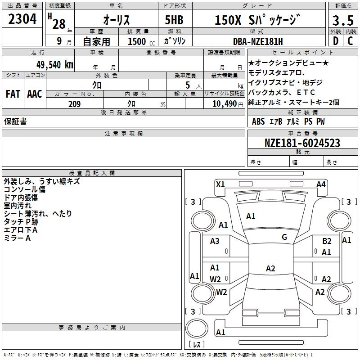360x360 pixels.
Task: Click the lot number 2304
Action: tap(22, 19)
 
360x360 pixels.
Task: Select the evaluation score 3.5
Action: tap(343, 20)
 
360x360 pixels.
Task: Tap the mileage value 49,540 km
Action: tap(54, 65)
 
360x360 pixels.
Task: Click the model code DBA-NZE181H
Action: tap(258, 41)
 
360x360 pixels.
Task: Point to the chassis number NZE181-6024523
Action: tap(302, 143)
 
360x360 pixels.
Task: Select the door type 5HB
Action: tap(174, 20)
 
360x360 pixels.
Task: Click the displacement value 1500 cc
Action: tap(141, 41)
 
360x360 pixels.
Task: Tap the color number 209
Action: tap(74, 104)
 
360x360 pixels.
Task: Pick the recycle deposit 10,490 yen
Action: tap(228, 104)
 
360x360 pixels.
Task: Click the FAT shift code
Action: tap(13, 94)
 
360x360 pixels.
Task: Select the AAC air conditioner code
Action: tap(35, 94)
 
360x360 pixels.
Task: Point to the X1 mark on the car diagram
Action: tap(220, 184)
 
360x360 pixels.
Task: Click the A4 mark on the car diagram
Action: tap(321, 184)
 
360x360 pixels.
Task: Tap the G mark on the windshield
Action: tap(284, 237)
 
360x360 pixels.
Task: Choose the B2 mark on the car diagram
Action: tap(327, 241)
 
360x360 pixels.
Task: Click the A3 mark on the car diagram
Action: tap(215, 241)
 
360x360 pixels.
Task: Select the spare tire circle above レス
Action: tap(197, 328)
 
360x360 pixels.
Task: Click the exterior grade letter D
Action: tap(336, 41)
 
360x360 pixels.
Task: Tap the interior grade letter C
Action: tap(350, 41)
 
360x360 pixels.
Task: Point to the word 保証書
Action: tap(15, 121)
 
